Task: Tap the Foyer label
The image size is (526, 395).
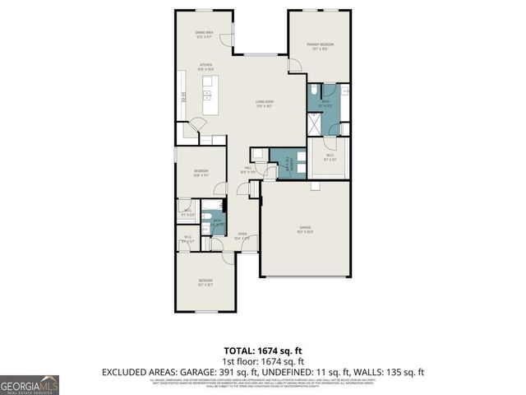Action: coord(242,236)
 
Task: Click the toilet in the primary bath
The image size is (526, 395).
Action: coord(316,90)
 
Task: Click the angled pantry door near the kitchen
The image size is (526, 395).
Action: coord(195,128)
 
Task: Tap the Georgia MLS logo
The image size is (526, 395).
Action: coord(29,384)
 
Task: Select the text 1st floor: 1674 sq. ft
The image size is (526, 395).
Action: coord(263,361)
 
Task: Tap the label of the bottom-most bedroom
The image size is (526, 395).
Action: coord(205,283)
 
